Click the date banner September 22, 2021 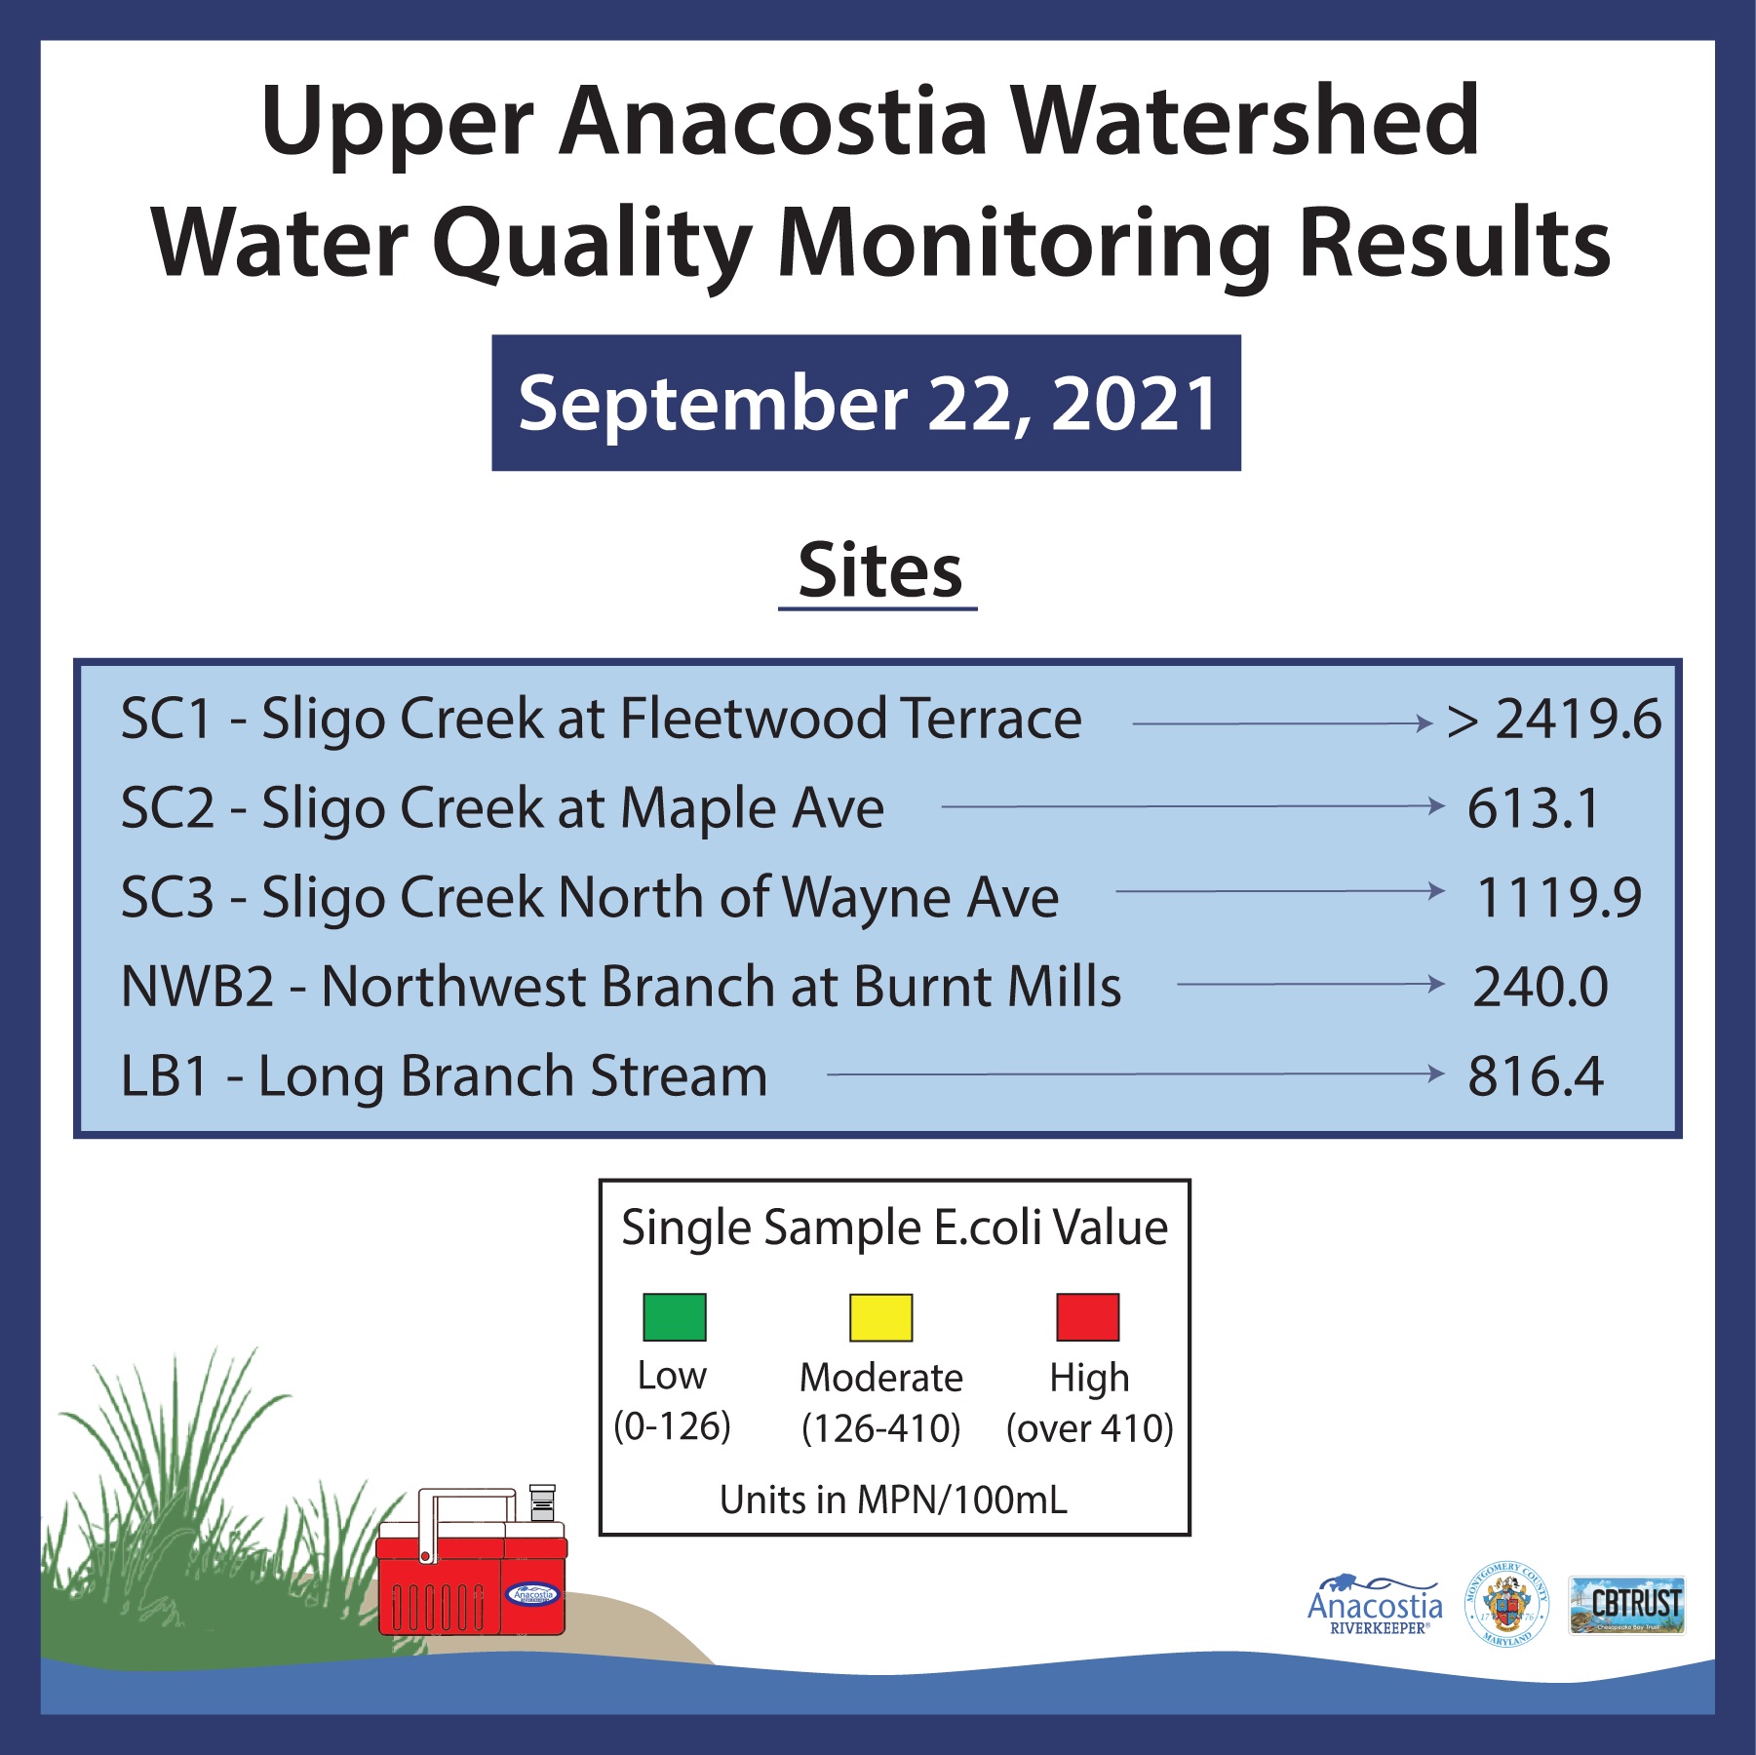pyautogui.click(x=866, y=403)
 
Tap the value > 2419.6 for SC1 pyautogui.click(x=1554, y=720)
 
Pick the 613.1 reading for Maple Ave pyautogui.click(x=1533, y=808)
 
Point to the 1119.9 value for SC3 pyautogui.click(x=1559, y=897)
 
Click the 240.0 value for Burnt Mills pyautogui.click(x=1540, y=987)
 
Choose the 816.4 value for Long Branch pyautogui.click(x=1536, y=1076)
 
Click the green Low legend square pyautogui.click(x=674, y=1317)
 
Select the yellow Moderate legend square pyautogui.click(x=880, y=1317)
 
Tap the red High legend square pyautogui.click(x=1088, y=1317)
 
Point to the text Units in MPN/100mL pyautogui.click(x=893, y=1500)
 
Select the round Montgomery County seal pyautogui.click(x=1507, y=1605)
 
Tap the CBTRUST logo pyautogui.click(x=1626, y=1605)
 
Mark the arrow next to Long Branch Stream pyautogui.click(x=1135, y=1074)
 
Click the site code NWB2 pyautogui.click(x=197, y=987)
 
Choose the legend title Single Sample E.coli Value pyautogui.click(x=894, y=1228)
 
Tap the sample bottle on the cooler pyautogui.click(x=542, y=1502)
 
